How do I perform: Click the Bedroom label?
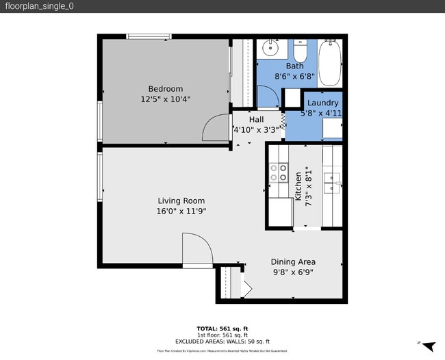[x=166, y=88]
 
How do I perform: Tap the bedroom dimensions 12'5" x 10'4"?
[x=166, y=99]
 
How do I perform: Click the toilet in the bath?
[x=300, y=52]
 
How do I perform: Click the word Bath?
[x=294, y=66]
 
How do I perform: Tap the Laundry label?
[x=322, y=103]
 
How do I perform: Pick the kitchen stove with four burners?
[x=278, y=172]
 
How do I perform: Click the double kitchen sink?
[x=332, y=181]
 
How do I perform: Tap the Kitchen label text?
[x=298, y=185]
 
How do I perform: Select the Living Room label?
[x=181, y=201]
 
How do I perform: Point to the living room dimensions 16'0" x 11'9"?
[x=181, y=211]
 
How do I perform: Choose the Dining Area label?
[x=293, y=261]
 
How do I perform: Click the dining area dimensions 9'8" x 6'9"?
[x=293, y=272]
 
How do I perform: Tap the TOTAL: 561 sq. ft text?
[x=222, y=329]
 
